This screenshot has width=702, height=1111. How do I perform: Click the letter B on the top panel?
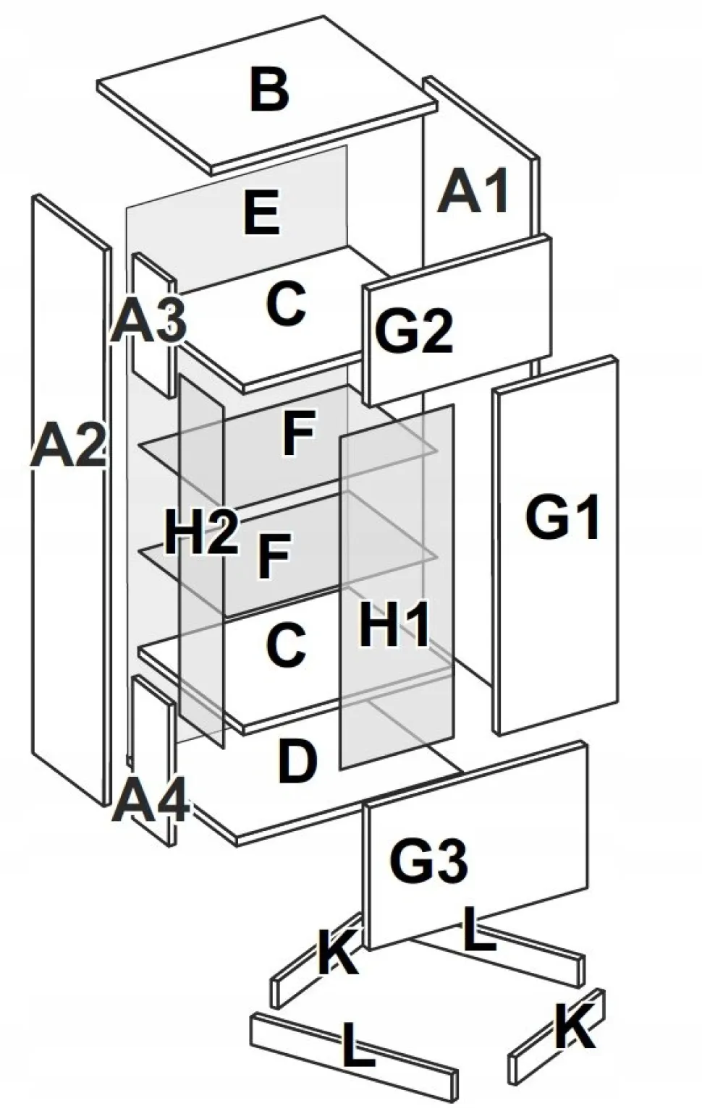click(269, 89)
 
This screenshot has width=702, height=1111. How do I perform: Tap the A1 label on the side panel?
click(474, 191)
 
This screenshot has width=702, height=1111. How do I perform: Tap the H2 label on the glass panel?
click(200, 534)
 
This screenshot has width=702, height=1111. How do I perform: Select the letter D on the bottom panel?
click(297, 761)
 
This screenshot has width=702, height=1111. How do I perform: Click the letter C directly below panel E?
click(286, 304)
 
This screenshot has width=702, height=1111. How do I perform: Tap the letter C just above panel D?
click(286, 645)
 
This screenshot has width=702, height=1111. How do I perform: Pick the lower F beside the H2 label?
click(274, 557)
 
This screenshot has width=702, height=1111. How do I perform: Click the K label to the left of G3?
click(337, 952)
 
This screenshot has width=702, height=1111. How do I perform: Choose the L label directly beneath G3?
click(479, 930)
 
